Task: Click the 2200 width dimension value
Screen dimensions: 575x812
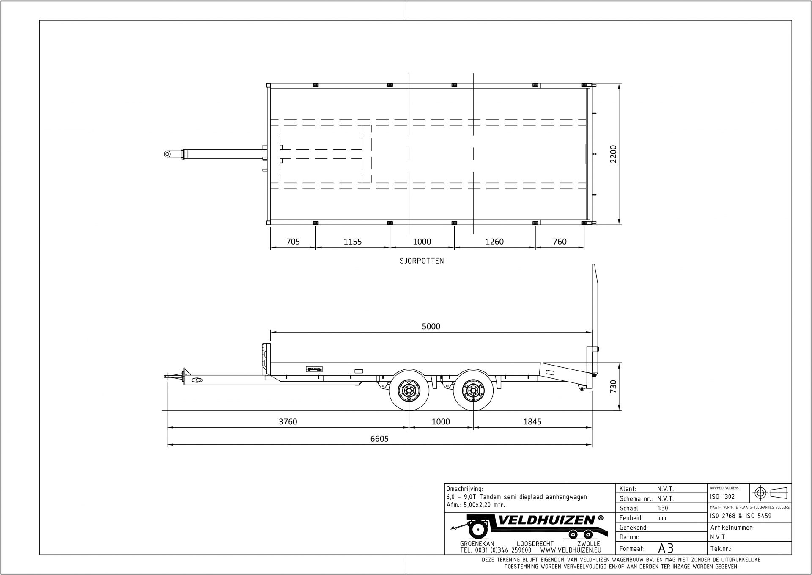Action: tap(613, 154)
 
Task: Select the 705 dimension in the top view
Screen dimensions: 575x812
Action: tap(293, 242)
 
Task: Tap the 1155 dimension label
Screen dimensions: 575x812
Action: tap(352, 242)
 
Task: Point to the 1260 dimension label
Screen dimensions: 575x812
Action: tap(494, 242)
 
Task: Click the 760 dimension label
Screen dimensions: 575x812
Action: tap(559, 242)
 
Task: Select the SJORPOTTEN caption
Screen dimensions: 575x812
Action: tap(422, 261)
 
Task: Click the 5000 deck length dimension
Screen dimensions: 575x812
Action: tap(431, 326)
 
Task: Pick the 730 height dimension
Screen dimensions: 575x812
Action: tap(613, 387)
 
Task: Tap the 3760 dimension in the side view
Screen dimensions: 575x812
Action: tap(288, 421)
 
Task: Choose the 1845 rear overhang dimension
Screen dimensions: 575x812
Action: tap(532, 421)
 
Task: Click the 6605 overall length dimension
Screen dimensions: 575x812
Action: tap(379, 439)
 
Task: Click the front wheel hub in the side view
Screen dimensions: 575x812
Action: tap(409, 390)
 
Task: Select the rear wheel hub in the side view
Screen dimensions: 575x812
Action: tap(473, 390)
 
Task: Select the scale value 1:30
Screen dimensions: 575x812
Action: tap(663, 508)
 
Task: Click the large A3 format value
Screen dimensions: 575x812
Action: tap(665, 548)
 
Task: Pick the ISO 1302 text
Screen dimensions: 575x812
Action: tap(723, 497)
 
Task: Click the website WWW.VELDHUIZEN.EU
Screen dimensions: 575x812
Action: tap(571, 550)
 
